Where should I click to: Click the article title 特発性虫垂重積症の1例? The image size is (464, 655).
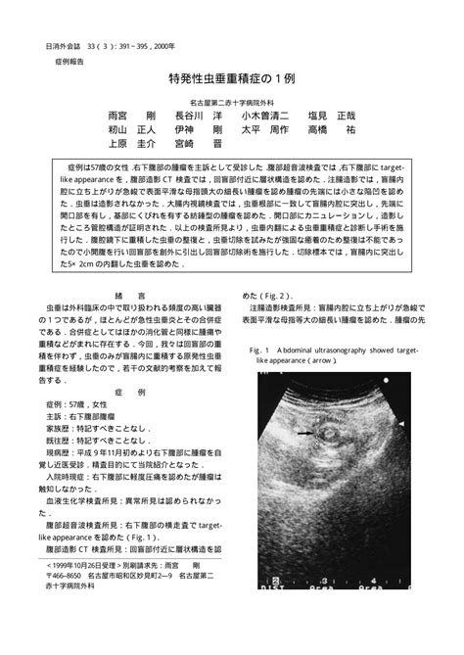click(231, 78)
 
